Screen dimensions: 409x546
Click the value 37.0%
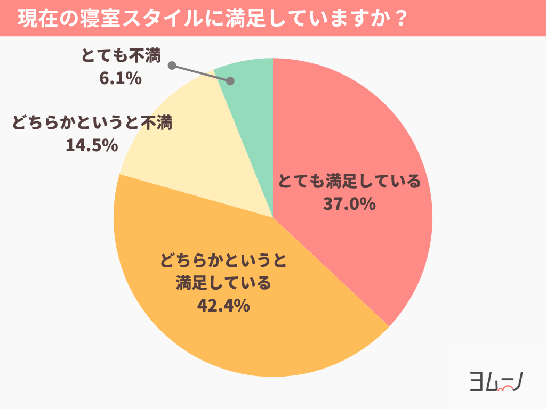coord(350,204)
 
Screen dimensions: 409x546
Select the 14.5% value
coord(92,145)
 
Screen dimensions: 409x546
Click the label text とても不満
coord(121,55)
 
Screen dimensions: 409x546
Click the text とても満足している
coord(349,182)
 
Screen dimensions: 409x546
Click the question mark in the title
coord(404,19)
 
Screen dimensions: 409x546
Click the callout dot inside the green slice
coord(230,81)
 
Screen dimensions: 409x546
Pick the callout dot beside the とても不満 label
coord(172,66)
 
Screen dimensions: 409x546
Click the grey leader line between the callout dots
coord(201,73)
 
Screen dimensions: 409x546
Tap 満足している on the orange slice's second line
coord(223,283)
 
